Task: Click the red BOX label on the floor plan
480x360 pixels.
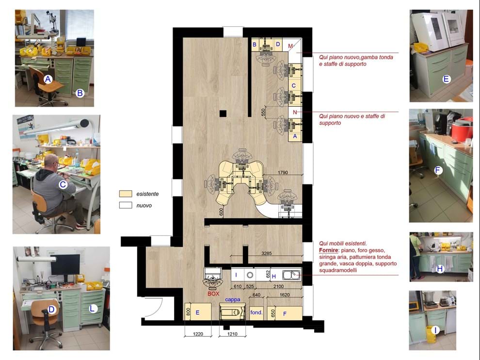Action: point(213,294)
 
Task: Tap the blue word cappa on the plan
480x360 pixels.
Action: point(233,299)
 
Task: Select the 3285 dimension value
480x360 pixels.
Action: point(266,253)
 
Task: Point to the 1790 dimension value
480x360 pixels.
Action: point(283,173)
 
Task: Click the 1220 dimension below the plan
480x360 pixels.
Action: point(198,334)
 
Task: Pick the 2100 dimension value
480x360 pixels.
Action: point(278,286)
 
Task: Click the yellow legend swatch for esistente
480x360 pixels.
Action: point(126,194)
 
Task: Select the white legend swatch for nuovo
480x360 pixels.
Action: point(126,205)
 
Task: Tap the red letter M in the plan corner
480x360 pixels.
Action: point(290,46)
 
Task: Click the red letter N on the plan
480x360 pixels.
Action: point(295,112)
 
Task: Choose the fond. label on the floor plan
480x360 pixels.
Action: point(256,312)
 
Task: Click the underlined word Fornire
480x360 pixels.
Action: point(328,250)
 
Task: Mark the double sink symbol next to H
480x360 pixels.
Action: point(291,275)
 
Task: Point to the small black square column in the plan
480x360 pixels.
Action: point(223,114)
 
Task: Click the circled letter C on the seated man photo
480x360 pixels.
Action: point(63,184)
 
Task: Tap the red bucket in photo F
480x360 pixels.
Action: point(462,129)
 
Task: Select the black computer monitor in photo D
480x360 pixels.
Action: point(65,265)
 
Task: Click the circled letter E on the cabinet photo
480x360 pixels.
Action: point(447,79)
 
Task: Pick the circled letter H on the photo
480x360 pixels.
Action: point(440,269)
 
